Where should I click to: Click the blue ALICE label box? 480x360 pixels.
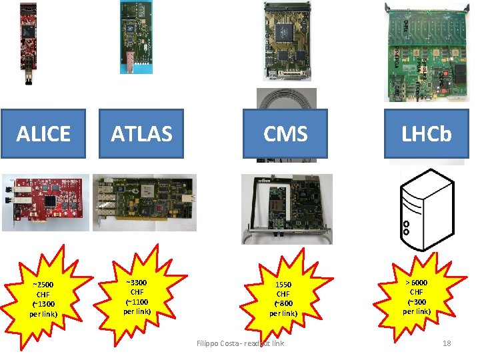click(43, 134)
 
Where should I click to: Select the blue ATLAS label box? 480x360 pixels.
click(141, 134)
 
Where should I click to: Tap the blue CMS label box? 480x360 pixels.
click(285, 134)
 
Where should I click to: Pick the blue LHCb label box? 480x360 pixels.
click(426, 134)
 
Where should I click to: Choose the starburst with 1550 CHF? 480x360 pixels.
click(283, 294)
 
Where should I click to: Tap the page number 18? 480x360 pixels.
click(447, 343)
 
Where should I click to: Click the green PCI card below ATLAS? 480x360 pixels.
click(144, 202)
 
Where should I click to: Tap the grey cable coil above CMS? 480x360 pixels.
click(287, 100)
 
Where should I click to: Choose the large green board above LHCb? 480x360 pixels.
click(423, 51)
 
